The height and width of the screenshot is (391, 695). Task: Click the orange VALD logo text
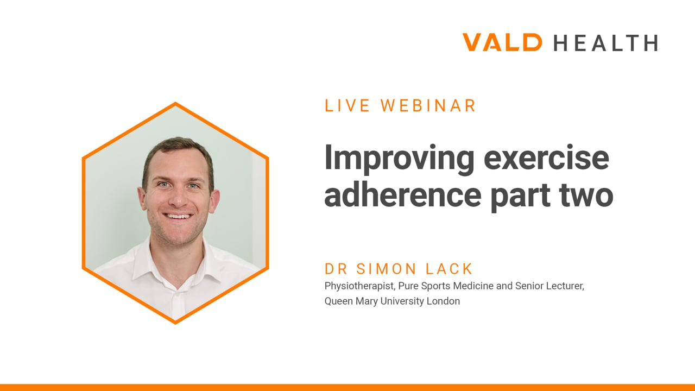[x=502, y=42]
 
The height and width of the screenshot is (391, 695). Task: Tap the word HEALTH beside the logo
[x=606, y=43]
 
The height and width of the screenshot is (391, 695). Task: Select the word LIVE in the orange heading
[x=347, y=105]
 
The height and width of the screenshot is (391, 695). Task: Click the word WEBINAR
[x=428, y=105]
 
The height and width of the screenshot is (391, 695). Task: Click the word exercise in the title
[x=546, y=158]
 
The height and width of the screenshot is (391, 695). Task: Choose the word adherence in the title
[x=403, y=194]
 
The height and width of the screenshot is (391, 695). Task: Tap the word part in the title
[x=521, y=198]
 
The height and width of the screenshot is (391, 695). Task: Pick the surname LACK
[x=449, y=269]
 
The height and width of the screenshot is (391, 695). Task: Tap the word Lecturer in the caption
[x=565, y=286]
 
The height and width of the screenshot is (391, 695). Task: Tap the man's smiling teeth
[x=177, y=216]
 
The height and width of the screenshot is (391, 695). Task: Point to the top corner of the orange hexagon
[x=175, y=103]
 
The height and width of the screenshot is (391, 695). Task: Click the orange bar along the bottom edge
[x=347, y=388]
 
